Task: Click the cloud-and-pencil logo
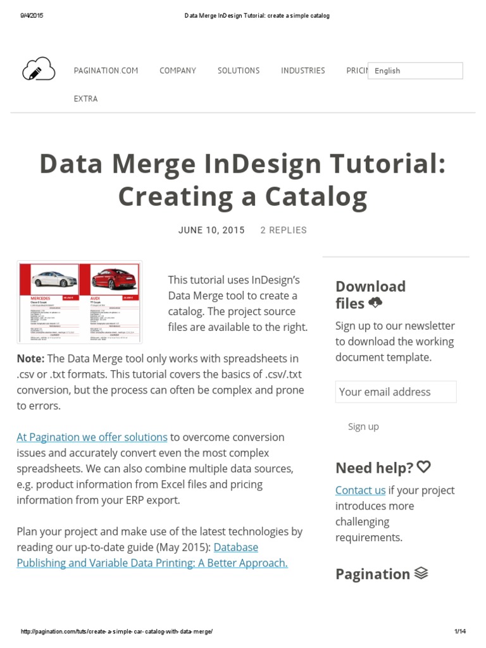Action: [x=39, y=68]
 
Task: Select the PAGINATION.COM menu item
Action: [x=106, y=71]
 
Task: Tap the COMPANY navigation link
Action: [x=178, y=71]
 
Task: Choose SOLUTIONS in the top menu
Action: [x=239, y=71]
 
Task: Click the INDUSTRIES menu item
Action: [x=303, y=71]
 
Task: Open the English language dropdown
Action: [x=415, y=71]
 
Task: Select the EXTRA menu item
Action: [x=86, y=99]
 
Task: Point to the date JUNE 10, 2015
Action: [x=211, y=230]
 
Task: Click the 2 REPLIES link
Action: [x=283, y=230]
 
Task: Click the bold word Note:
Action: [x=30, y=359]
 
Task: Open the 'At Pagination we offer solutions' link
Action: [x=92, y=437]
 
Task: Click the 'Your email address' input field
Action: [x=396, y=392]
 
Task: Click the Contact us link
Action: [x=360, y=490]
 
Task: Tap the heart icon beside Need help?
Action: [x=424, y=467]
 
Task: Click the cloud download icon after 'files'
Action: [x=375, y=302]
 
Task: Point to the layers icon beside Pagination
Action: [x=421, y=573]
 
